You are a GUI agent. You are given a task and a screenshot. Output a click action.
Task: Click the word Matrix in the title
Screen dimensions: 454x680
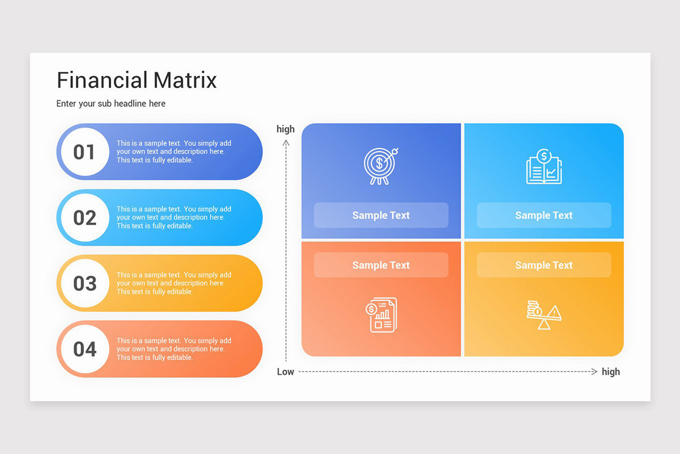[x=185, y=80]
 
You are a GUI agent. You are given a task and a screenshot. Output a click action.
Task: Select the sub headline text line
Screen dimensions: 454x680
[x=111, y=104]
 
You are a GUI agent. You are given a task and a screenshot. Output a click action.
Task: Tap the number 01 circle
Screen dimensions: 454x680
[x=84, y=152]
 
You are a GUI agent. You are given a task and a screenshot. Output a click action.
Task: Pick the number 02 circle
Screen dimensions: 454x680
[x=84, y=218]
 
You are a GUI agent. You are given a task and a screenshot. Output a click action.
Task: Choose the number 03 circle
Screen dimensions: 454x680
[x=84, y=283]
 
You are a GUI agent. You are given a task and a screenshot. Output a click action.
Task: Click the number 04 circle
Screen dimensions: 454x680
[x=84, y=349]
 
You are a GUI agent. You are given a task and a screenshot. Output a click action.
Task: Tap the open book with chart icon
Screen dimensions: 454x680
[x=543, y=167]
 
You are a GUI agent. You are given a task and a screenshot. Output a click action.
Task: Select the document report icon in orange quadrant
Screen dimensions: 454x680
[x=381, y=315]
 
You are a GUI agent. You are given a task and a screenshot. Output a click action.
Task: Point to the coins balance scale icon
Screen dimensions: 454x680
[x=543, y=315]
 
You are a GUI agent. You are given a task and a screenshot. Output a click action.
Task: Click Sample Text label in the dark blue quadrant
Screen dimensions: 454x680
[x=381, y=216]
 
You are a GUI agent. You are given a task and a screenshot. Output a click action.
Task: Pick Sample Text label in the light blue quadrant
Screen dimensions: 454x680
[x=543, y=216]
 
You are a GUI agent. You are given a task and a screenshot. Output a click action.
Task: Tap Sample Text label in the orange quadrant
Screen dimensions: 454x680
[x=381, y=265]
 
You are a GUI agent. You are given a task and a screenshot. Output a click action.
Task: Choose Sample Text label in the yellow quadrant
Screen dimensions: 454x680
[x=543, y=265]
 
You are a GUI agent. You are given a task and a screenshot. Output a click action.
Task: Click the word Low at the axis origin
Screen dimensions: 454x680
[x=286, y=372]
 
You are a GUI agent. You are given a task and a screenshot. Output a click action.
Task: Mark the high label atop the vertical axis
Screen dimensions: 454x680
[x=286, y=129]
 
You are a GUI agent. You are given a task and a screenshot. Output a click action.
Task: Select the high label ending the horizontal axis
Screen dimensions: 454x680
[x=611, y=372]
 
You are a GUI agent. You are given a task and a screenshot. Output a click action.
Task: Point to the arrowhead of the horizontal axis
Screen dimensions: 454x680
[x=594, y=372]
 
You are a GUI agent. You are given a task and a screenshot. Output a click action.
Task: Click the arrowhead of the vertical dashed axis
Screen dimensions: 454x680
[x=286, y=143]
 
